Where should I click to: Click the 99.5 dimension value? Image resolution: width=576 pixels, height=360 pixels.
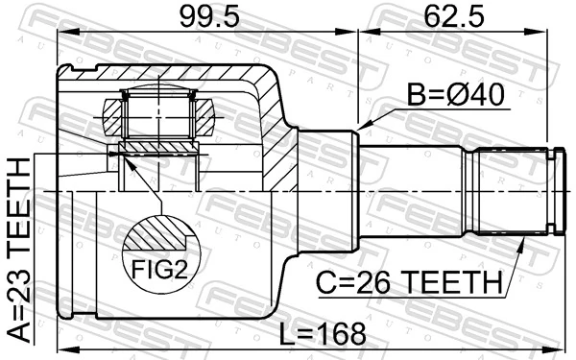tap(205, 15)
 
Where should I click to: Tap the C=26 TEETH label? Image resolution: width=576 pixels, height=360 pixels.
tap(411, 283)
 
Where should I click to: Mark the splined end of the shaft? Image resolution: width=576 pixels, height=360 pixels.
tap(509, 191)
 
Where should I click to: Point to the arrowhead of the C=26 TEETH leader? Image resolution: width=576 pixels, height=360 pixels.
tap(523, 243)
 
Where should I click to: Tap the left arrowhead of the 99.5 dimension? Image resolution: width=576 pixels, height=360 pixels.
tap(60, 35)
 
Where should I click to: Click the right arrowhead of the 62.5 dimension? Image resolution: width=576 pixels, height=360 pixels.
tap(557, 35)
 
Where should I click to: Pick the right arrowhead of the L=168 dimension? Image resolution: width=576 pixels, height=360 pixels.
tap(557, 348)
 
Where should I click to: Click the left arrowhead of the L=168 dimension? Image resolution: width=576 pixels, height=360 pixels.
tap(60, 348)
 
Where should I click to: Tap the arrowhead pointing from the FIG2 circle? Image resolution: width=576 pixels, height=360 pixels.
tap(122, 156)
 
